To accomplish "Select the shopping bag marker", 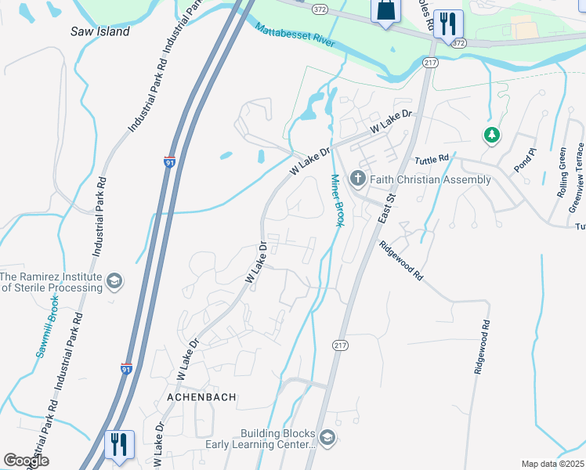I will coord(385,12).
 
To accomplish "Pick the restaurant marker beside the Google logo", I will coord(118,445).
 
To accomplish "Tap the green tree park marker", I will coord(491,135).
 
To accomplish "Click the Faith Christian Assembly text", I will coord(430,179).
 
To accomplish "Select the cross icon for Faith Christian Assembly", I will coord(358,179).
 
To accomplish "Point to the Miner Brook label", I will coord(336,201).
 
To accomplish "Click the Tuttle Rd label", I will coord(432,158).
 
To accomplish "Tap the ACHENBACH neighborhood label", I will coord(201,397).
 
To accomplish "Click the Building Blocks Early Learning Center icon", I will coord(327,438).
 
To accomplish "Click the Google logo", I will coord(26,461).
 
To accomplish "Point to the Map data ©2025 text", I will coord(552,464).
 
